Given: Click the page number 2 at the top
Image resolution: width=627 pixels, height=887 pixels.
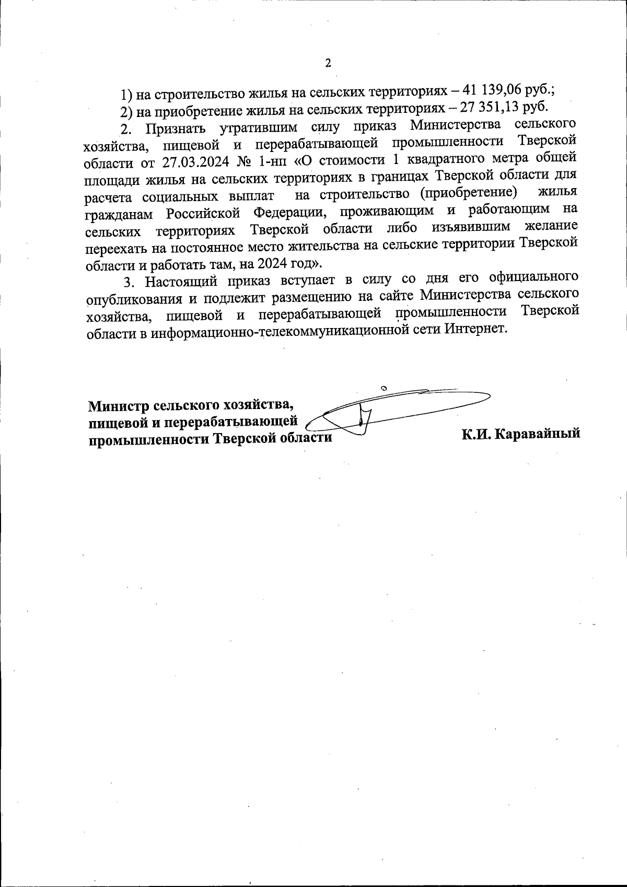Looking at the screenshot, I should pos(328,64).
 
